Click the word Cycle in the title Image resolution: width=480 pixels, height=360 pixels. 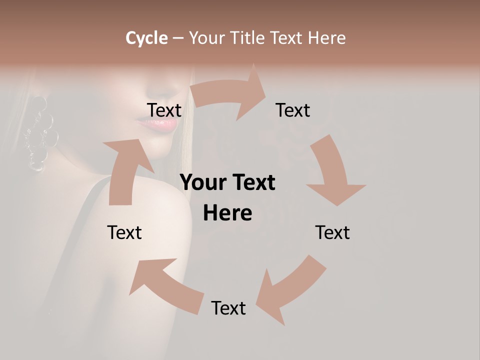(x=146, y=38)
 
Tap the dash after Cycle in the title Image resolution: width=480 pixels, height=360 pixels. (x=178, y=38)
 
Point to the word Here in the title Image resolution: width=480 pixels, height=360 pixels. (x=327, y=38)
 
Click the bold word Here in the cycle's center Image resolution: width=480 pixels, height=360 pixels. (x=227, y=213)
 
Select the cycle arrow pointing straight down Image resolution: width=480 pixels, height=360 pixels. (x=333, y=172)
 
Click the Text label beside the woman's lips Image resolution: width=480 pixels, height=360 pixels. (x=164, y=110)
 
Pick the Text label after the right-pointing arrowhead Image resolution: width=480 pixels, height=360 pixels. (x=293, y=110)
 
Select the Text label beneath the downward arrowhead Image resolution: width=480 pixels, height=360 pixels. (x=332, y=232)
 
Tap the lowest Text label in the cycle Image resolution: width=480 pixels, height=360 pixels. (x=228, y=308)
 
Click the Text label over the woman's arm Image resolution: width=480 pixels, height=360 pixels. (x=124, y=232)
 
